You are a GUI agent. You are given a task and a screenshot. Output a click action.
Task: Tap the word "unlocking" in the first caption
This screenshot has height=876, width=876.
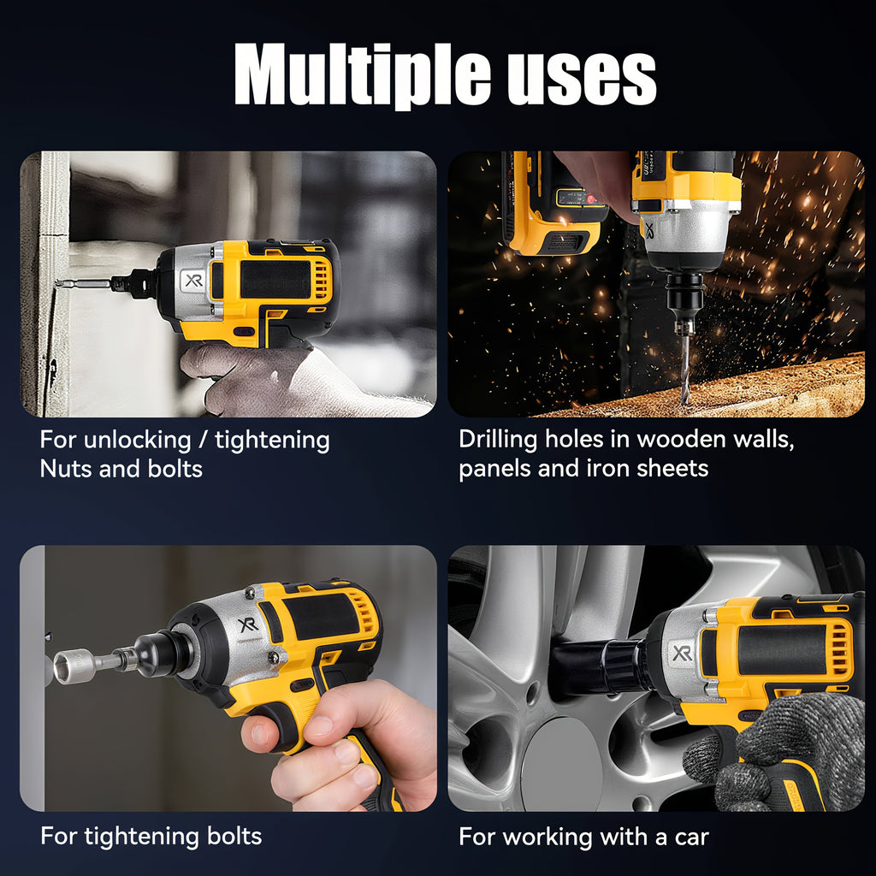pos(138,441)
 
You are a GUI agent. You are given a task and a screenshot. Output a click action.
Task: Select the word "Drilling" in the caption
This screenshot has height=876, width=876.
pos(499,440)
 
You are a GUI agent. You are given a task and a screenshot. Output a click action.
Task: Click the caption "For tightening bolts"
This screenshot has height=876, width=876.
pos(151,836)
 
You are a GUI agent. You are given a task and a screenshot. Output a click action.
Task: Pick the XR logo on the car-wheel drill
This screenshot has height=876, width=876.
pos(682,654)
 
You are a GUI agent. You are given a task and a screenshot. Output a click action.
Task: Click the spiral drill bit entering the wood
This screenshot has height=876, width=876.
pos(684,373)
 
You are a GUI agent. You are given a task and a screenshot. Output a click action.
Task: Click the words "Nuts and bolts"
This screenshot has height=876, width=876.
pos(121,469)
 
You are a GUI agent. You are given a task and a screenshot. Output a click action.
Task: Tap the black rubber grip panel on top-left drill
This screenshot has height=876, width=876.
pos(273,278)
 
